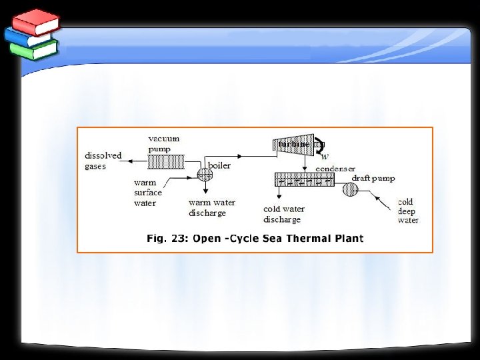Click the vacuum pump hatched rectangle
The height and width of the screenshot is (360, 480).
165,161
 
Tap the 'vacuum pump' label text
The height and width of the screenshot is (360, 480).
163,143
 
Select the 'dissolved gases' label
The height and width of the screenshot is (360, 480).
103,161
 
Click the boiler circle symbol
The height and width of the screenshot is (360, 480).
205,175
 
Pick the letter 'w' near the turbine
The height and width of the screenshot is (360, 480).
325,157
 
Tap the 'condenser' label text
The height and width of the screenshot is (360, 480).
336,169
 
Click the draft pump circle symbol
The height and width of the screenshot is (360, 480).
350,190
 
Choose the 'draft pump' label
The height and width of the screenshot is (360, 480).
373,179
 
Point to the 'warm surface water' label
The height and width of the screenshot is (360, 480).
148,193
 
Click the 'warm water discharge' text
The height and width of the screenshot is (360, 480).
211,208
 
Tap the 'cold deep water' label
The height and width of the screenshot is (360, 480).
408,211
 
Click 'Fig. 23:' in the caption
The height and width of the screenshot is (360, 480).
167,239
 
